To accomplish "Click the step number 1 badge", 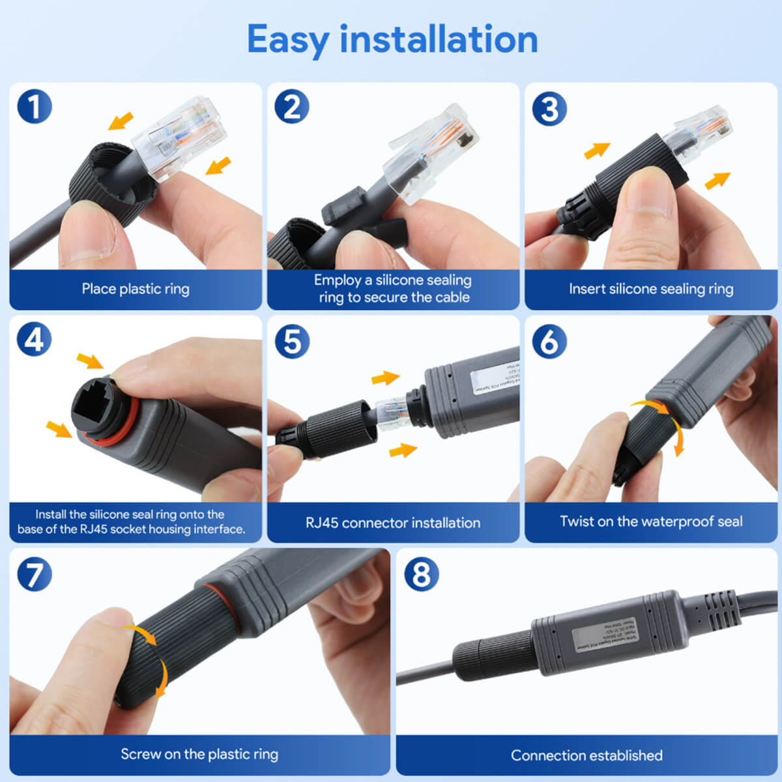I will (34, 107).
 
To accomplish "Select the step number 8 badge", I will (421, 574).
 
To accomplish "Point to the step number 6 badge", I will (549, 341).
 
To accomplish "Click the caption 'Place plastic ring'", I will (136, 289).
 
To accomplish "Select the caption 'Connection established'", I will (586, 755).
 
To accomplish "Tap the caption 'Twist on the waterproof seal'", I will (651, 521).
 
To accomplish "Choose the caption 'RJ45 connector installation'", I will (393, 523).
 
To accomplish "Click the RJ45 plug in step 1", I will (179, 138).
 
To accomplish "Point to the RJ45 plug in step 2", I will (433, 153).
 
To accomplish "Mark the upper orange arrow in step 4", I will (90, 360).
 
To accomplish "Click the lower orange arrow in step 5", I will (403, 450).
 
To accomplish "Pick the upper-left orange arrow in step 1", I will (121, 121).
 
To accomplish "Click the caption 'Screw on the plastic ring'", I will (199, 754).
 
